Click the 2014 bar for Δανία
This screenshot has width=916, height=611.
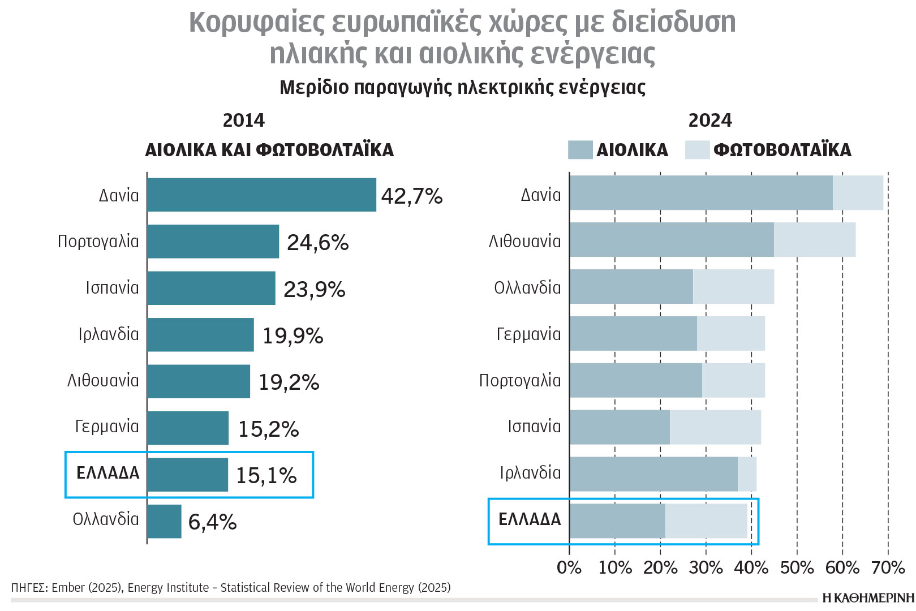point(261,195)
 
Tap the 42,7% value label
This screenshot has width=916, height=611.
point(411,196)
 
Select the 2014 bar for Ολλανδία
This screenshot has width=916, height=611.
point(164,521)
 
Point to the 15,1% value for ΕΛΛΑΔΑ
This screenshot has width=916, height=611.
point(266,475)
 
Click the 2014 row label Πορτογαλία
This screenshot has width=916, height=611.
point(98,242)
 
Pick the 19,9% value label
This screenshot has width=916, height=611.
point(293,335)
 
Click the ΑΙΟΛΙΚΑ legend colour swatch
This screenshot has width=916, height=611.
point(580,150)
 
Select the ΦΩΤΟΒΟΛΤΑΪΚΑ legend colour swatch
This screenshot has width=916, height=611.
point(697,150)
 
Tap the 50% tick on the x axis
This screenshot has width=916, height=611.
point(797,567)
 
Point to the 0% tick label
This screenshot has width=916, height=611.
point(569,567)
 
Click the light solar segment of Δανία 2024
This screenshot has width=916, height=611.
point(858,193)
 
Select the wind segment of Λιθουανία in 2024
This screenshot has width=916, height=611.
point(672,240)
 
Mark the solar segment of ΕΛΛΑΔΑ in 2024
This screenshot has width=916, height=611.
point(706,520)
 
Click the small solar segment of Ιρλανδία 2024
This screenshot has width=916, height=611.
point(747,474)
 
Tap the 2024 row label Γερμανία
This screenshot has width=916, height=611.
point(528,334)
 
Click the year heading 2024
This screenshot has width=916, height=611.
point(709,121)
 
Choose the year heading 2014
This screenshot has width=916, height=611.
point(243,121)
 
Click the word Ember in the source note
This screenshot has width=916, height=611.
point(67,588)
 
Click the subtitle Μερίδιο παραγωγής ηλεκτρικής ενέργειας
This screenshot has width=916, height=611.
point(462,88)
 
